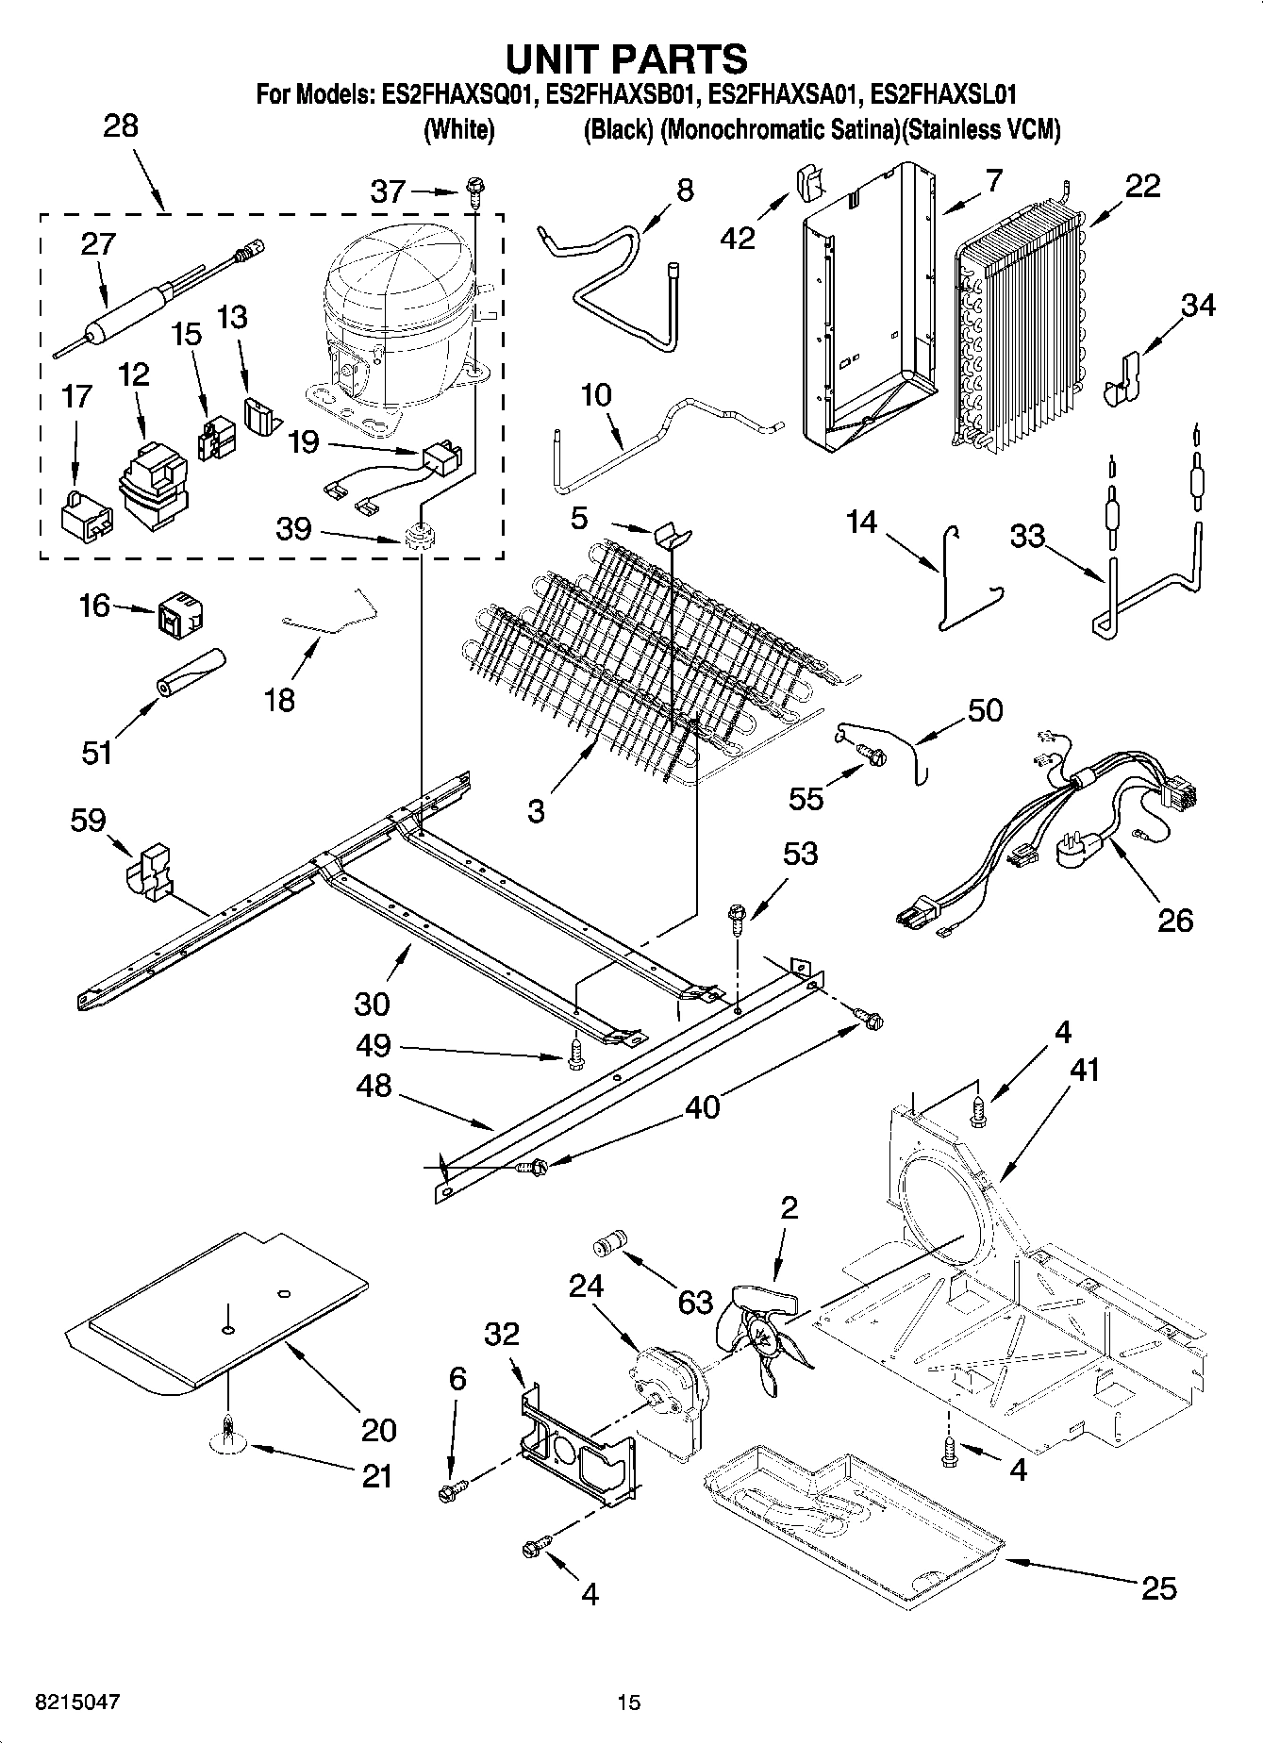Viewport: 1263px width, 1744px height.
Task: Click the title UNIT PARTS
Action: click(x=626, y=58)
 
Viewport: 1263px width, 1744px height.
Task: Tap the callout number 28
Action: click(x=120, y=125)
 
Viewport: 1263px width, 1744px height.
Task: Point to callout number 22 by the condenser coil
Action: click(x=1142, y=186)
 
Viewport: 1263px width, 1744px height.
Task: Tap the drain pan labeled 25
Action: click(x=849, y=1500)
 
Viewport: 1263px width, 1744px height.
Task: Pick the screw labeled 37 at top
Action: click(x=474, y=196)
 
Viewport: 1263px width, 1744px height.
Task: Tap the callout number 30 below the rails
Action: click(x=372, y=1004)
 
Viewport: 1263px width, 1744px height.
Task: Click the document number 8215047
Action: click(x=77, y=1702)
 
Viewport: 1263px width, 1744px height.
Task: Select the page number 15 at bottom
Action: click(x=628, y=1702)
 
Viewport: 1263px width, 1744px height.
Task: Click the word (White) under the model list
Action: click(x=458, y=129)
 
